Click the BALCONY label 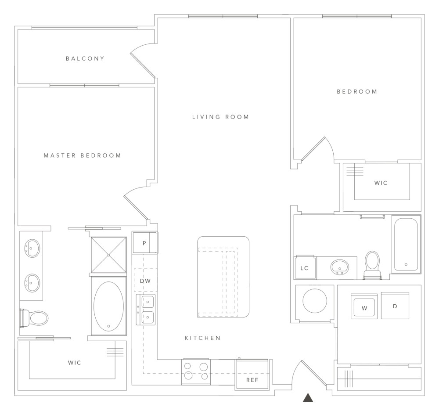[85, 58]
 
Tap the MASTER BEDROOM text [83, 155]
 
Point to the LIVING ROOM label [221, 117]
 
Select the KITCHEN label [202, 338]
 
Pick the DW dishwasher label [145, 281]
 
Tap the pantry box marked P [144, 243]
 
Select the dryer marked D [395, 305]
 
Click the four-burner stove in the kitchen [195, 371]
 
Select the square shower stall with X [108, 255]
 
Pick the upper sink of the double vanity [32, 249]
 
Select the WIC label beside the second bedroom [381, 183]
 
